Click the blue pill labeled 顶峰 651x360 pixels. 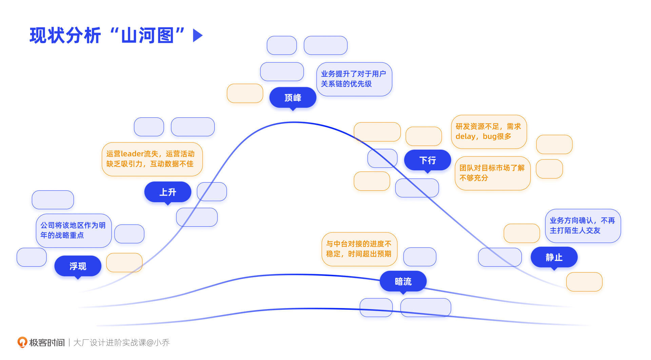click(x=293, y=98)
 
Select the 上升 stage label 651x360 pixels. click(x=167, y=192)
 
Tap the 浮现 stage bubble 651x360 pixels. click(x=78, y=266)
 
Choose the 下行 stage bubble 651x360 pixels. click(x=427, y=160)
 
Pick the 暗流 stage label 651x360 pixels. click(x=403, y=281)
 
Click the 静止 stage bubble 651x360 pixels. click(x=554, y=257)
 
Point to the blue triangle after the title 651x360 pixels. click(x=197, y=35)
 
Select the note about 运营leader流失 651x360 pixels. click(x=152, y=159)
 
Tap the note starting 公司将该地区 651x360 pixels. click(x=74, y=230)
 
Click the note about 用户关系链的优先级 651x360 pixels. click(x=354, y=79)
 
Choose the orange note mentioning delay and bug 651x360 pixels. click(x=489, y=132)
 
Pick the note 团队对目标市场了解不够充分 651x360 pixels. click(x=492, y=173)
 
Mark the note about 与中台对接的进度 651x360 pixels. click(x=359, y=249)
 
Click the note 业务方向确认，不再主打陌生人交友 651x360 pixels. click(x=583, y=226)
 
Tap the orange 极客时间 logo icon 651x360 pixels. click(x=22, y=342)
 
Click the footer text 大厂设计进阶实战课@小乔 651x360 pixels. click(x=121, y=343)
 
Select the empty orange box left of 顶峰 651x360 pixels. click(x=245, y=93)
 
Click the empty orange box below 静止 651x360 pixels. click(x=584, y=282)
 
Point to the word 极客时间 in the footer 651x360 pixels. click(x=47, y=343)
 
